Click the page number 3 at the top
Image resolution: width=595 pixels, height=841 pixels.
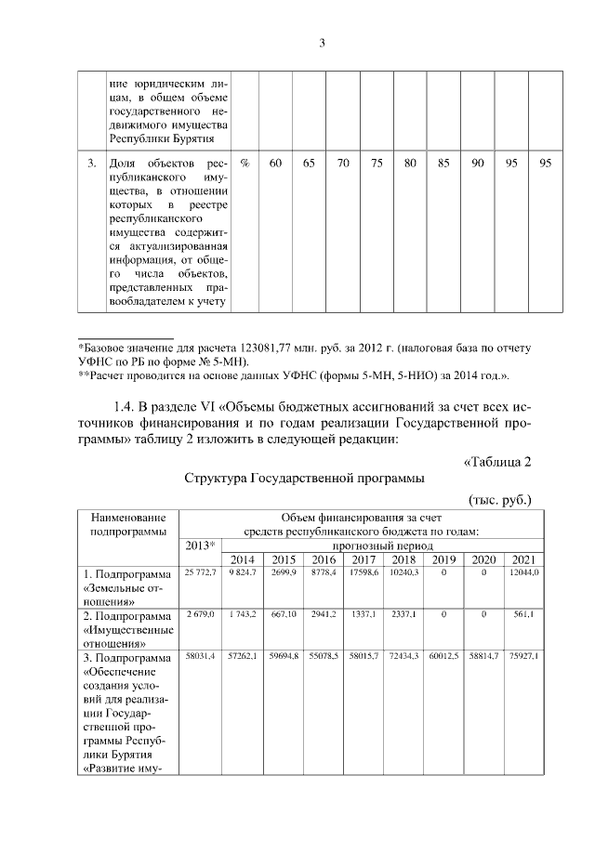[x=322, y=42]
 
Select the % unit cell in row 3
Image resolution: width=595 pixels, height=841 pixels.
[x=245, y=164]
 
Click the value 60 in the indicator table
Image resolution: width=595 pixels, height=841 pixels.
[x=276, y=164]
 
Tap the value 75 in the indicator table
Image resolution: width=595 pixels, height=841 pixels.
[x=377, y=164]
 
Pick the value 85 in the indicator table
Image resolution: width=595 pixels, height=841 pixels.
[x=443, y=164]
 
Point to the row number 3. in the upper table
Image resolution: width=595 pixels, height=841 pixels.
[x=92, y=164]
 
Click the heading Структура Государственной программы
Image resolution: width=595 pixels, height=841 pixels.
[x=304, y=479]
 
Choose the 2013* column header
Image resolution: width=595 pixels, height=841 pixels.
[x=200, y=545]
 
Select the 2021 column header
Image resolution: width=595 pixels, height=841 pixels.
[x=522, y=558]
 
